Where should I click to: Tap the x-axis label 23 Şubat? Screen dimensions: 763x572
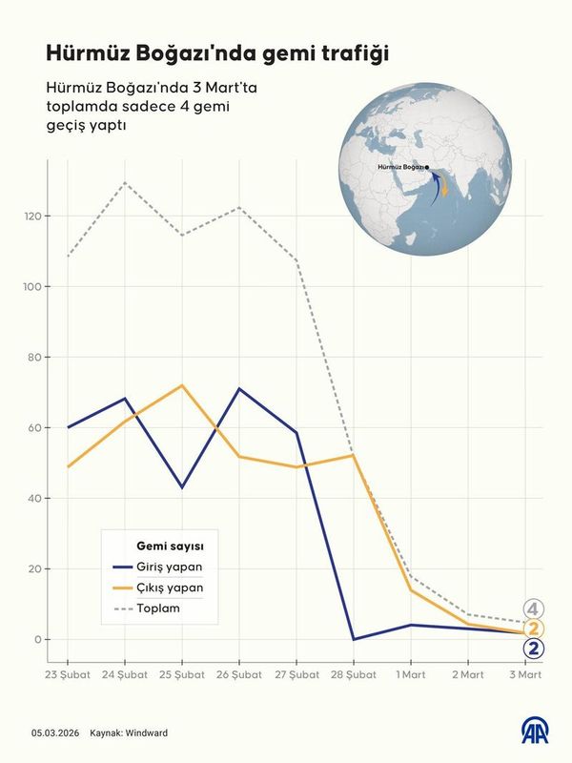[68, 675]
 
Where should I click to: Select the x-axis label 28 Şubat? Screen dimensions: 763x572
[353, 675]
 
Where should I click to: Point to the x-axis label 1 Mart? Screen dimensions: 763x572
[411, 675]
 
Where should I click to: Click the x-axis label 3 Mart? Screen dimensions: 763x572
[524, 675]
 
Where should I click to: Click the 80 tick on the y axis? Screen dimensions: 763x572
[35, 358]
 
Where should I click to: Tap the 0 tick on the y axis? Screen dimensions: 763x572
[38, 639]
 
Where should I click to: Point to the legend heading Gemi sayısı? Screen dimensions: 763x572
[169, 546]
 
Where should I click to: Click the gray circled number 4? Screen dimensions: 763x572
[534, 608]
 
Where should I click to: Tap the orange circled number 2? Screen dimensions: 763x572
[535, 629]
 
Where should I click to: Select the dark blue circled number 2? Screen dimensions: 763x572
[535, 650]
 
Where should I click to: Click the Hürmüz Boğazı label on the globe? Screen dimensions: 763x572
[400, 167]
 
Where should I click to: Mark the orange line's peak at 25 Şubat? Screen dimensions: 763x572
[181, 385]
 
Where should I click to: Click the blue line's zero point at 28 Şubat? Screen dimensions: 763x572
[354, 639]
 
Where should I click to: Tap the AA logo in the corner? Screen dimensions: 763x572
[537, 732]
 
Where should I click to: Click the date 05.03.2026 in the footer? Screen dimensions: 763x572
[53, 733]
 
